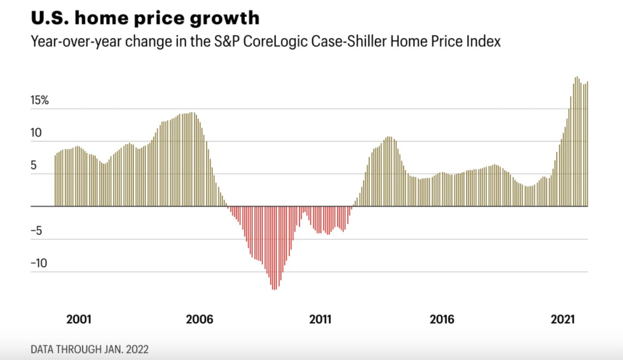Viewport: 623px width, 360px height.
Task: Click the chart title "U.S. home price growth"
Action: click(x=145, y=18)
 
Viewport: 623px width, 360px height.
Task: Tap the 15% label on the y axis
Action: click(x=40, y=100)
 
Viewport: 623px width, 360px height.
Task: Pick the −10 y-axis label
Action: click(x=39, y=264)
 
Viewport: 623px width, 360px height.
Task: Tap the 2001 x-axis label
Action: click(x=79, y=319)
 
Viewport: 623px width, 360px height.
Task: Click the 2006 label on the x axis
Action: click(x=200, y=319)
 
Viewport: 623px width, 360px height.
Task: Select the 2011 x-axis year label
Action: click(x=320, y=319)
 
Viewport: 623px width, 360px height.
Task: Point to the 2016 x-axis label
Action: click(x=442, y=319)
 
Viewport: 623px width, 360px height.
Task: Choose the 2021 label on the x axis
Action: click(x=563, y=319)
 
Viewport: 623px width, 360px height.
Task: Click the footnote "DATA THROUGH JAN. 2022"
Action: click(x=90, y=349)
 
